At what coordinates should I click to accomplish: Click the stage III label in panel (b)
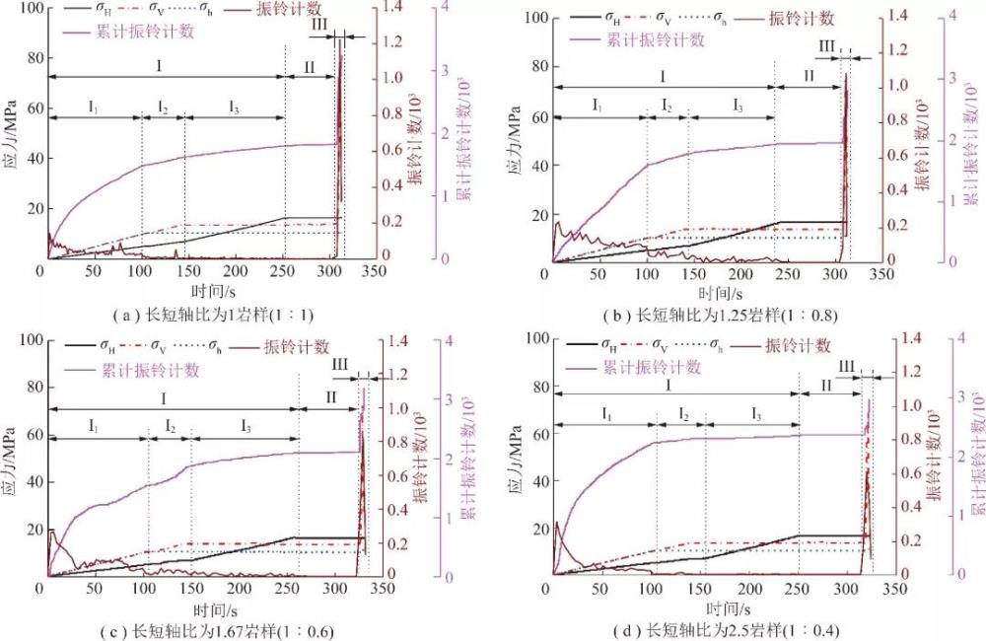click(x=826, y=46)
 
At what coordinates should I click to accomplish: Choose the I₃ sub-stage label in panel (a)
click(x=233, y=107)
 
